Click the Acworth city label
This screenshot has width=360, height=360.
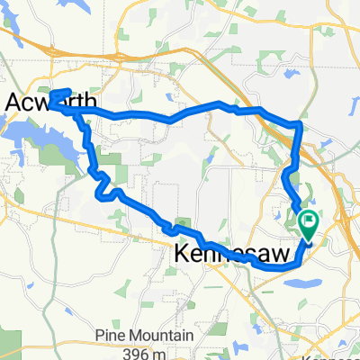coord(50,103)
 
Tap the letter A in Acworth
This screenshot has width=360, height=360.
coord(16,103)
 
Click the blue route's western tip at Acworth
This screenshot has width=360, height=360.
coord(51,103)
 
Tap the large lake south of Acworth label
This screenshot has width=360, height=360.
coord(36,135)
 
